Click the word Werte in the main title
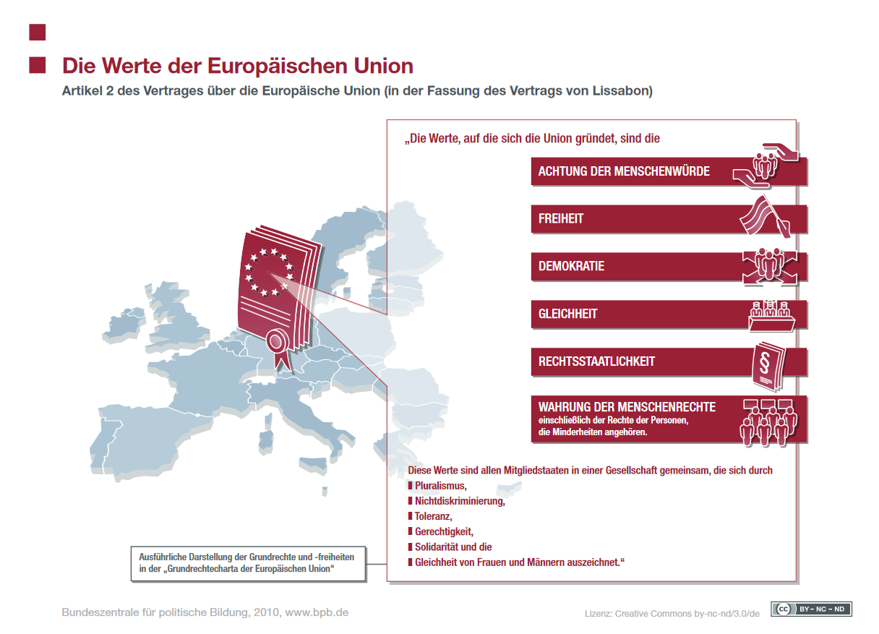[133, 66]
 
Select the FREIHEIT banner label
[561, 218]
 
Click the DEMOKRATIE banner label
[571, 266]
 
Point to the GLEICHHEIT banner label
[567, 314]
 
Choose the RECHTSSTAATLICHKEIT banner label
[596, 361]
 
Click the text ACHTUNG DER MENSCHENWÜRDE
[624, 171]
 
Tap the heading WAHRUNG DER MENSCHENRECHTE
[627, 407]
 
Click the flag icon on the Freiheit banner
[766, 217]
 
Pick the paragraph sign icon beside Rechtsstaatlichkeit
[768, 367]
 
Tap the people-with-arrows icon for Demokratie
[770, 266]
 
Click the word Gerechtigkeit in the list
[444, 531]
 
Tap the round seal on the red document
[278, 341]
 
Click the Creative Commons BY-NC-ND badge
[811, 609]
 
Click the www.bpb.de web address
[317, 612]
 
